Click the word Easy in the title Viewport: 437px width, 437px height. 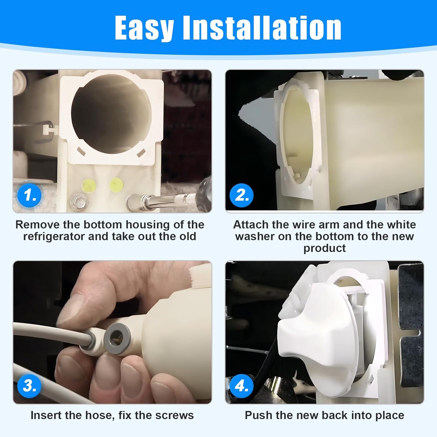tap(145, 28)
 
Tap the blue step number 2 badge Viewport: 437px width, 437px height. tap(242, 195)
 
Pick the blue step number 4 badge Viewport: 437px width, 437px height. tap(242, 386)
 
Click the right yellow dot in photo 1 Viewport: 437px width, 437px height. tap(116, 184)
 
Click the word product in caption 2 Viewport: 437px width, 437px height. tap(324, 248)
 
